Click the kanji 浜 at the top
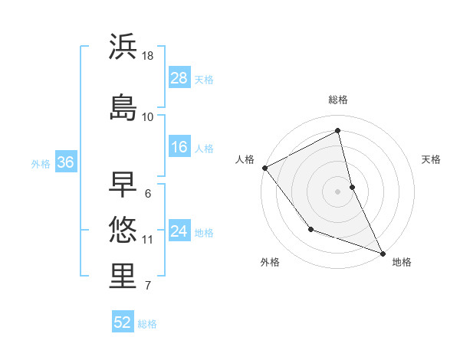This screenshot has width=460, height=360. (123, 47)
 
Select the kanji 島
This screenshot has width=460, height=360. (123, 106)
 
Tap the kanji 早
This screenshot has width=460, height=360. (123, 184)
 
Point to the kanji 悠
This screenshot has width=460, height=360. (123, 229)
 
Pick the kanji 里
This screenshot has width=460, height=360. (123, 277)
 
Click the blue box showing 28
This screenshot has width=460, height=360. (179, 78)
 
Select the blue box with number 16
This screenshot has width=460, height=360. (179, 147)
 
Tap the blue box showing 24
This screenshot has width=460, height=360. (179, 231)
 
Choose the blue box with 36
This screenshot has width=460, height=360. (65, 162)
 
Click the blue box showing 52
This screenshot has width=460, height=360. (123, 322)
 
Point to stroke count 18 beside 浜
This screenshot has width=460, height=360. (148, 56)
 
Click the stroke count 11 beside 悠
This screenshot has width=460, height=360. (148, 240)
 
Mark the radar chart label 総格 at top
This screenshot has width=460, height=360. (338, 100)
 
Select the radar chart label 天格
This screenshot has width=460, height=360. (432, 159)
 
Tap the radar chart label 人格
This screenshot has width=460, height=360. (245, 159)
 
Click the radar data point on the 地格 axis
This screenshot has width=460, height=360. (383, 253)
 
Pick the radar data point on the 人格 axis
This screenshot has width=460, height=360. (264, 168)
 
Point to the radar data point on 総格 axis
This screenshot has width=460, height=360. (338, 131)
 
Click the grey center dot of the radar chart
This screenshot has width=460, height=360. (338, 191)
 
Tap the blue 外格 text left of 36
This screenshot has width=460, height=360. (40, 163)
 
